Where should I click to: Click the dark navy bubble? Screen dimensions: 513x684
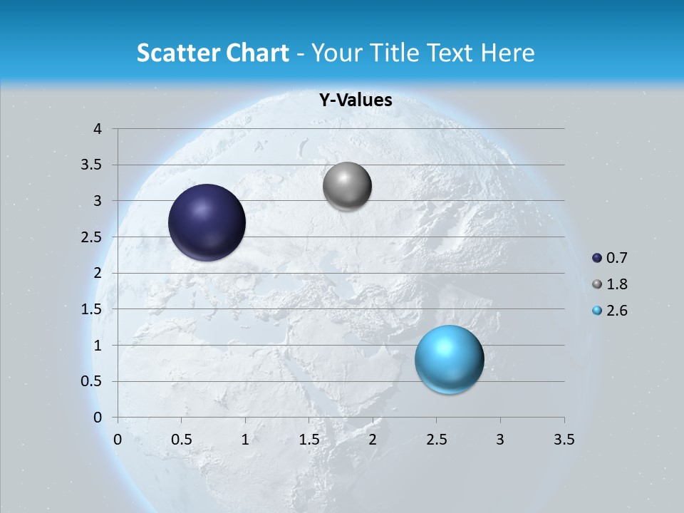[207, 222]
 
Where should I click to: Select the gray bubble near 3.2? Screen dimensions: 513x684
[347, 187]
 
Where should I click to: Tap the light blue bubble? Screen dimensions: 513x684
[449, 359]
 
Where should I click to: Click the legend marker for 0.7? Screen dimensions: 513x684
[597, 258]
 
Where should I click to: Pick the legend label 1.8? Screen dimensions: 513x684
[617, 284]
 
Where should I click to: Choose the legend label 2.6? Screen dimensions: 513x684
[617, 311]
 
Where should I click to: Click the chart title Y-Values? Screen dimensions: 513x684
[356, 100]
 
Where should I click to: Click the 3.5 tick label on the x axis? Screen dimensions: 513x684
[564, 440]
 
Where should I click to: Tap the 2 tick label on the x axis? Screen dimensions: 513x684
[373, 440]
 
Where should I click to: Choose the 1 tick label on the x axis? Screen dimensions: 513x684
[245, 440]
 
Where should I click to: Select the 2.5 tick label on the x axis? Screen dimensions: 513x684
[436, 440]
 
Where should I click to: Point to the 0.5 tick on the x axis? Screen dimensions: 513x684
[181, 440]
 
